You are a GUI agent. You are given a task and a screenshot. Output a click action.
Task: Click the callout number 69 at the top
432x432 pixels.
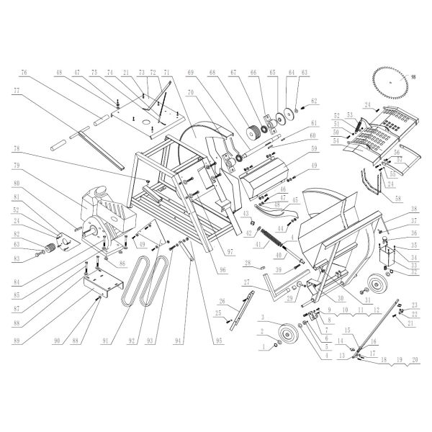[192, 73]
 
